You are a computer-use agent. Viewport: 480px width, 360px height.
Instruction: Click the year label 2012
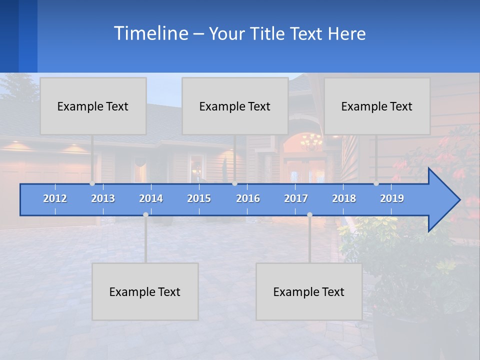point(55,198)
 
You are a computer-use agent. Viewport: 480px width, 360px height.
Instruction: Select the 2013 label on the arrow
point(103,198)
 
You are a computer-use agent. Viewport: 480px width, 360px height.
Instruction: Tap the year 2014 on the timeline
point(151,198)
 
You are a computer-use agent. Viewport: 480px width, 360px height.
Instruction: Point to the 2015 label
point(199,198)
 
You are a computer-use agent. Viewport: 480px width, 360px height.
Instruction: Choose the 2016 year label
point(248,198)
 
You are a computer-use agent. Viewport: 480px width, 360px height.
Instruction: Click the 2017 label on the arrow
point(296,198)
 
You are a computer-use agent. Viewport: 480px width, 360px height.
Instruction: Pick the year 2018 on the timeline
point(344,198)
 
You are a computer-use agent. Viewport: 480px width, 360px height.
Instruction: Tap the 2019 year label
point(392,198)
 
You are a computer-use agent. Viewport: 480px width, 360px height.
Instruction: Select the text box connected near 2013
point(93,106)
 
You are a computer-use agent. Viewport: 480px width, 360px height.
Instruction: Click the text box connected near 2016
point(235,106)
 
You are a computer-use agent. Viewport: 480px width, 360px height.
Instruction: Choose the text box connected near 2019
point(377,106)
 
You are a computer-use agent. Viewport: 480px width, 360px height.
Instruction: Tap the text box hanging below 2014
point(145,291)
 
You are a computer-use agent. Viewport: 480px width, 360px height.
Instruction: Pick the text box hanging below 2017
point(309,291)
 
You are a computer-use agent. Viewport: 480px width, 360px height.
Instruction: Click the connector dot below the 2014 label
point(145,214)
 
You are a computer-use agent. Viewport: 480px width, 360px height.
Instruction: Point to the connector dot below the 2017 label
point(309,214)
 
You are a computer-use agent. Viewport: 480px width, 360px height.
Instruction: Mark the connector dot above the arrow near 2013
point(92,183)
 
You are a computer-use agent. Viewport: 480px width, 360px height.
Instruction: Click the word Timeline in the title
point(150,33)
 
